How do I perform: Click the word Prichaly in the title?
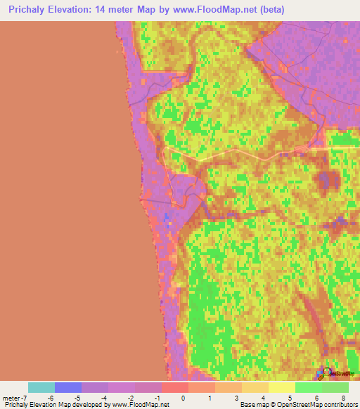click(x=26, y=9)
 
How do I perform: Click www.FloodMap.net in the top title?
click(x=215, y=9)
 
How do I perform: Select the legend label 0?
click(x=182, y=398)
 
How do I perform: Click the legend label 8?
click(x=342, y=398)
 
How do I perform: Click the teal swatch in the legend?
click(x=41, y=387)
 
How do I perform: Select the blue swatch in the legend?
click(x=68, y=387)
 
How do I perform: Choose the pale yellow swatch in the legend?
click(x=281, y=387)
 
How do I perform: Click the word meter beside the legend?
click(x=11, y=398)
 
